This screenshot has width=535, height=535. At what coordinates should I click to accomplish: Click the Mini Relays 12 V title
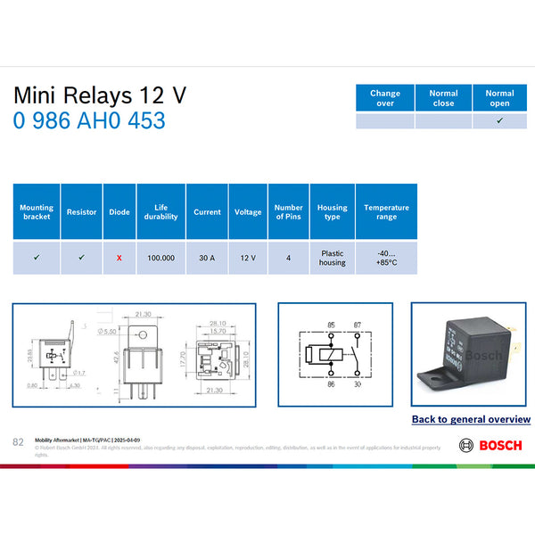(x=100, y=95)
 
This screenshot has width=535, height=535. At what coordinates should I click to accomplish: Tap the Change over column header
(x=385, y=98)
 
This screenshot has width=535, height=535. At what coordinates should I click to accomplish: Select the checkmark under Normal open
(x=499, y=120)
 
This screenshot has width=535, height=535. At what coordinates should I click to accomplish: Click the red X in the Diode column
(x=119, y=258)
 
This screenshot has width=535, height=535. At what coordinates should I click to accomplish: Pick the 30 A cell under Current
(x=207, y=258)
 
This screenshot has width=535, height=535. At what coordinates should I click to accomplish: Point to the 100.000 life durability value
(x=161, y=258)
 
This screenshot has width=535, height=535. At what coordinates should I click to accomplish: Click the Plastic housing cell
(x=333, y=258)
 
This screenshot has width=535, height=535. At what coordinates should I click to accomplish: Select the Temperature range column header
(x=386, y=212)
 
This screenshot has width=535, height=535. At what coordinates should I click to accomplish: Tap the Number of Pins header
(x=289, y=212)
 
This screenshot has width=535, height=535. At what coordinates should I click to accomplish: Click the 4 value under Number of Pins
(x=289, y=258)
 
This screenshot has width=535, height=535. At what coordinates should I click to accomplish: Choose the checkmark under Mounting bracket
(x=37, y=257)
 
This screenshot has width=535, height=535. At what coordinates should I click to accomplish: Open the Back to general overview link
(x=471, y=419)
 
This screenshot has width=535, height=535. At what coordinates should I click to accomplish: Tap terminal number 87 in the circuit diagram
(x=356, y=324)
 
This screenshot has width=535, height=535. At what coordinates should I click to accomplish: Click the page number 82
(x=18, y=442)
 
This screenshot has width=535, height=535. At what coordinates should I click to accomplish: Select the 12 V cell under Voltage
(x=248, y=258)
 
